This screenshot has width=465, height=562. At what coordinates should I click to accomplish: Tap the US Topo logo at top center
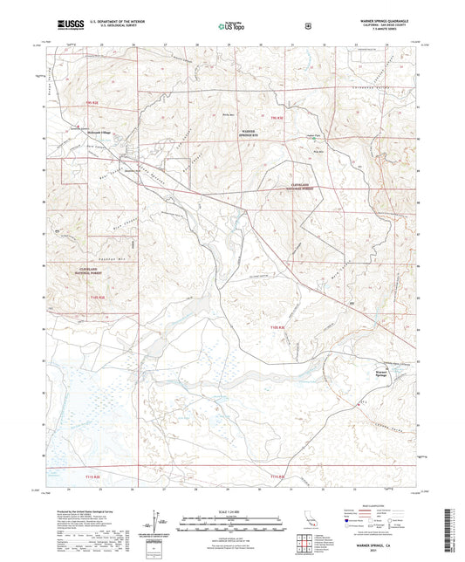coord(230,26)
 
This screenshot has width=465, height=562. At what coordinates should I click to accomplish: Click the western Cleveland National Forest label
coord(92,271)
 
